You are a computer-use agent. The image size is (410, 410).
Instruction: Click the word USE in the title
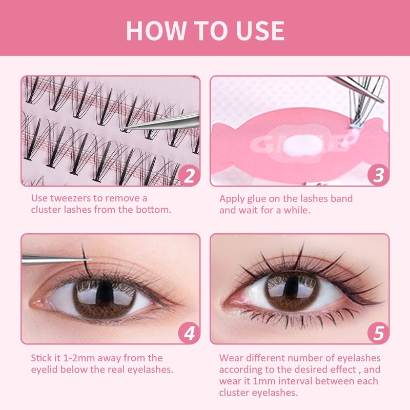tap(260, 31)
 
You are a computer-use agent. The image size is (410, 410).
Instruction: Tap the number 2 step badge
tap(189, 175)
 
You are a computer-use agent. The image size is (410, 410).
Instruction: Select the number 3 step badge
tap(378, 175)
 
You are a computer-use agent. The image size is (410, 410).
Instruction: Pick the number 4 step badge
tap(189, 333)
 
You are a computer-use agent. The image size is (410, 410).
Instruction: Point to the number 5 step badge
tap(378, 333)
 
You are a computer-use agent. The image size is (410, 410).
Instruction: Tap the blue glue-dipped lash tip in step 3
tap(354, 126)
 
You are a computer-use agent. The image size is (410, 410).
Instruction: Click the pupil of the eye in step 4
tap(105, 293)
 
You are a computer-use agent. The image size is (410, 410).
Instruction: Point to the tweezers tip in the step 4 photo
tap(90, 260)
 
